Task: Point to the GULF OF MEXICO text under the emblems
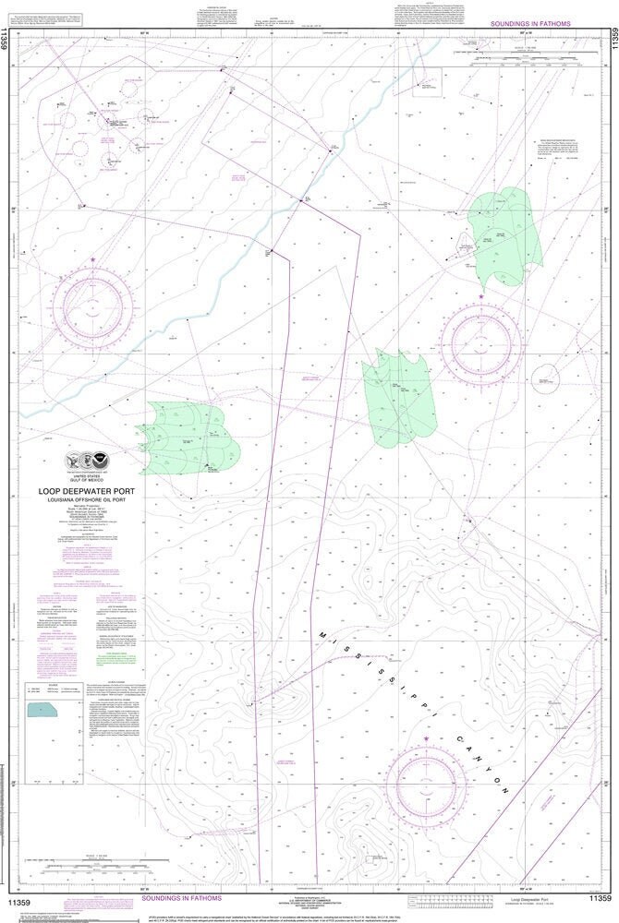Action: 91,480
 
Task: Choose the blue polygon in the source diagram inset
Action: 42,711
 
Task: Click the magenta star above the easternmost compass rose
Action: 480,297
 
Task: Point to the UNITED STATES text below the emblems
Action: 91,474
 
